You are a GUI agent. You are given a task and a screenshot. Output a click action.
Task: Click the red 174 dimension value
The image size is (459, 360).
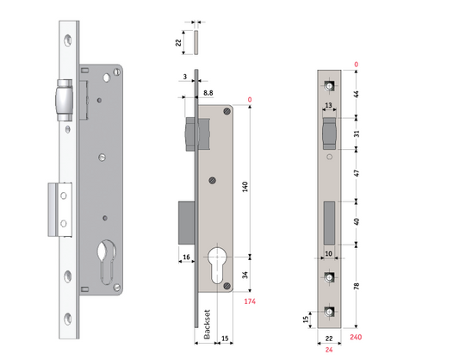click(251, 301)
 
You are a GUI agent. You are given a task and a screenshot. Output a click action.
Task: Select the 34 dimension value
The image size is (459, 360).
click(246, 276)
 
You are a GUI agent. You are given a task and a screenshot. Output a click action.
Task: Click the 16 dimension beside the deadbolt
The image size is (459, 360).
click(186, 257)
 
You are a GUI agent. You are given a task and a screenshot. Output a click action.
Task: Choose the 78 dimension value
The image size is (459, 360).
click(357, 284)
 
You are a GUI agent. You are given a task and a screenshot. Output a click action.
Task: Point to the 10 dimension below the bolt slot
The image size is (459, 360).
click(328, 253)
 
